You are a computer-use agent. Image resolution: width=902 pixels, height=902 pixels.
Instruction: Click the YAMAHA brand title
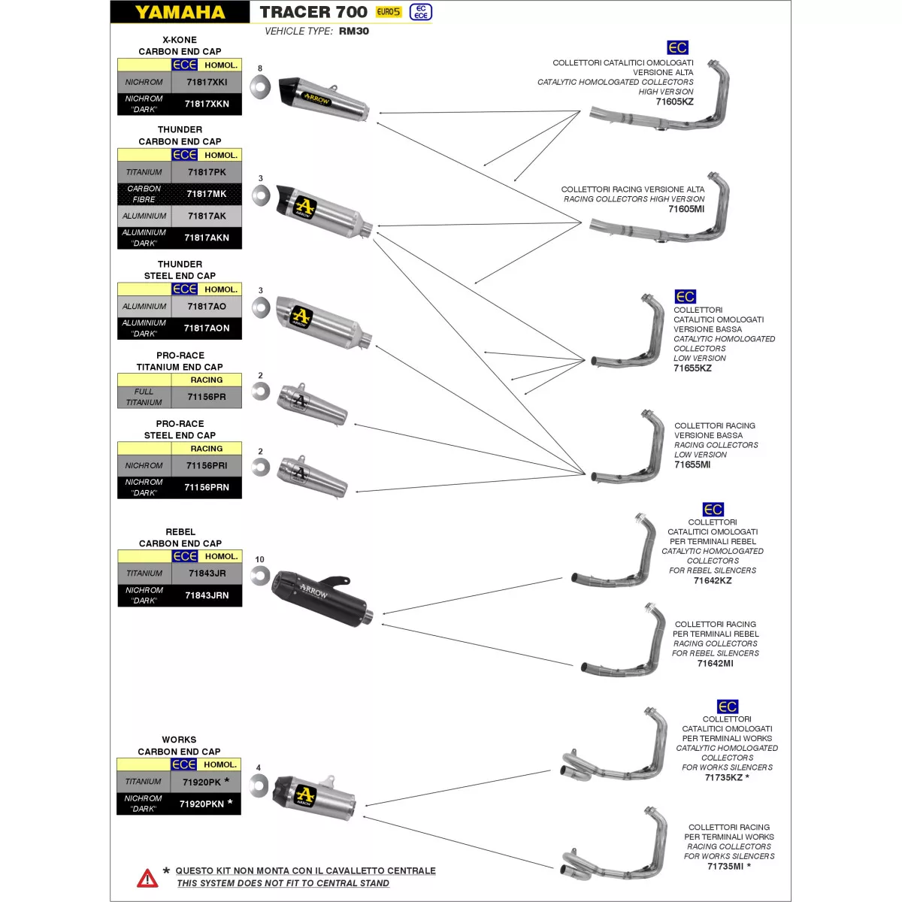pyautogui.click(x=180, y=12)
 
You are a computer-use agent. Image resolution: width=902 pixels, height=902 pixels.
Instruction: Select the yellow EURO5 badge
pyautogui.click(x=389, y=12)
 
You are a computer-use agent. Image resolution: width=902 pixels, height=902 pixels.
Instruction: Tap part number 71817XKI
pyautogui.click(x=207, y=82)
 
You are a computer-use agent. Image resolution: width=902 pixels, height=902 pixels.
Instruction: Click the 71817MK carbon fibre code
pyautogui.click(x=207, y=194)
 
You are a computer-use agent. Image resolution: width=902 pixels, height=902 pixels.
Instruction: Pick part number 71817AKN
pyautogui.click(x=207, y=238)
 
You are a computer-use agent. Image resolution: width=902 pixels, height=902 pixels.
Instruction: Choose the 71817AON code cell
pyautogui.click(x=207, y=328)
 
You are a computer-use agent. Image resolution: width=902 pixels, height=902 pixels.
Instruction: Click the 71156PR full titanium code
pyautogui.click(x=207, y=397)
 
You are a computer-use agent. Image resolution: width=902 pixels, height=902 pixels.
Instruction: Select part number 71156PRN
pyautogui.click(x=207, y=487)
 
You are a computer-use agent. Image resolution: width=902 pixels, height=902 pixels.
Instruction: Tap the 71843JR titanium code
pyautogui.click(x=207, y=574)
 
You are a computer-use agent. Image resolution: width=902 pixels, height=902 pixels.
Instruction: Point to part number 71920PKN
pyautogui.click(x=202, y=804)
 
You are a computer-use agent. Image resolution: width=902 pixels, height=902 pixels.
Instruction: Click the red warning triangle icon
pyautogui.click(x=147, y=878)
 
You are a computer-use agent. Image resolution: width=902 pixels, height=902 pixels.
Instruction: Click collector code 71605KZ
pyautogui.click(x=674, y=101)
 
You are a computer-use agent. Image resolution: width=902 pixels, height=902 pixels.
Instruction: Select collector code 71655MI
pyautogui.click(x=692, y=465)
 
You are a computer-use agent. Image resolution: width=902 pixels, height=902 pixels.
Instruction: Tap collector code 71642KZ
pyautogui.click(x=713, y=580)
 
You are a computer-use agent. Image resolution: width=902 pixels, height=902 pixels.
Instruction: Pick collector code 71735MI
pyautogui.click(x=725, y=866)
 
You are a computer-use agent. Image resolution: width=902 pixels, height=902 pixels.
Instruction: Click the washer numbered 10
pyautogui.click(x=260, y=577)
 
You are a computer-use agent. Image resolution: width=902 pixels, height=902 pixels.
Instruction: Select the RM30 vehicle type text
pyautogui.click(x=353, y=32)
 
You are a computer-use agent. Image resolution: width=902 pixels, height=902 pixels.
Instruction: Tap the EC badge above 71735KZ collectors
pyautogui.click(x=727, y=707)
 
